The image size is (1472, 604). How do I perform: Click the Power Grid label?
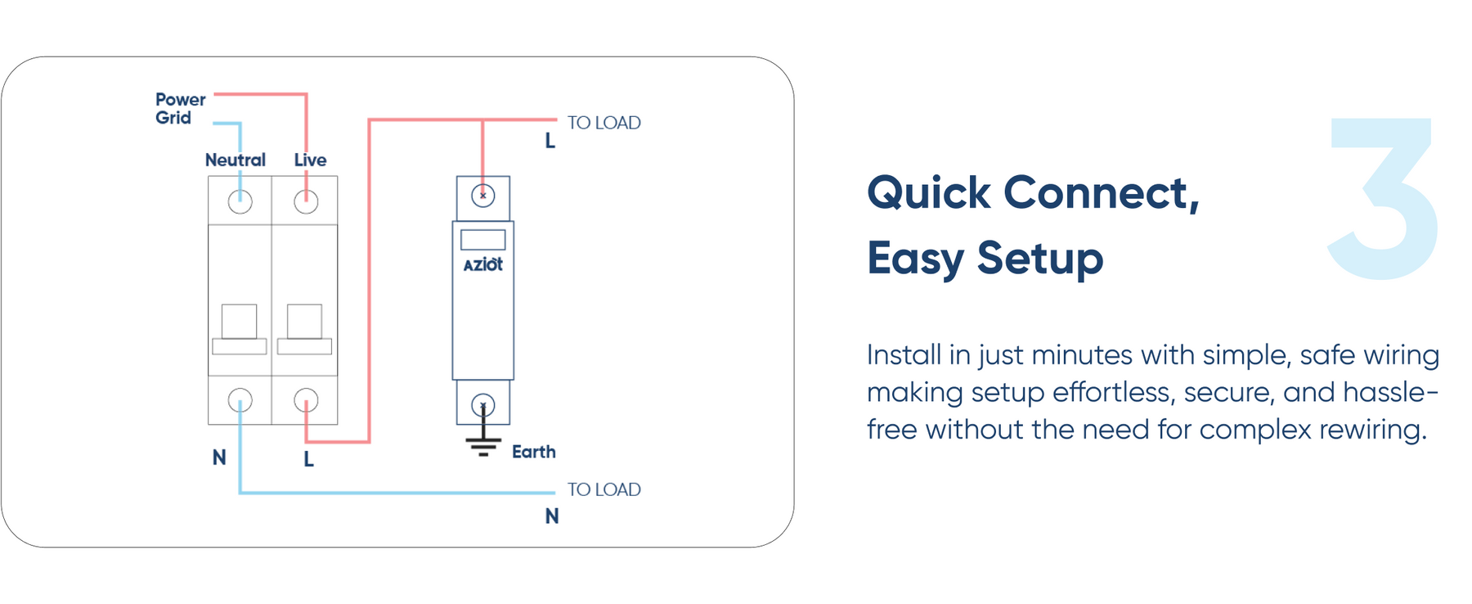pos(180,109)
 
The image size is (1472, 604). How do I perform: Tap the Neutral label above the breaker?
pos(235,160)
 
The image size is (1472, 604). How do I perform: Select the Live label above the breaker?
pos(310,160)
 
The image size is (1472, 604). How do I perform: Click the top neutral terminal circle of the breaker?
pos(240,201)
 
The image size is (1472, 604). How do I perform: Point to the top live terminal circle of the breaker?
pos(306,201)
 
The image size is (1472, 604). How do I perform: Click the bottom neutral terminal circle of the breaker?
pos(240,400)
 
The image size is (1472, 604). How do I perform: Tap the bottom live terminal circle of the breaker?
pos(306,400)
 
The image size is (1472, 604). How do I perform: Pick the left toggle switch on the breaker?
pos(239,322)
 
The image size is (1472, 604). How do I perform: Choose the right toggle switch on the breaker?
pos(304,322)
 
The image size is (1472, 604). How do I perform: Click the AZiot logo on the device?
pos(482,264)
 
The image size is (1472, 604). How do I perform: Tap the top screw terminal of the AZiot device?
pos(482,196)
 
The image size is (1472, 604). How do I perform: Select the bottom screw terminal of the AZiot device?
pos(482,404)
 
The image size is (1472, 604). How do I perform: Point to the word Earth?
pos(533,452)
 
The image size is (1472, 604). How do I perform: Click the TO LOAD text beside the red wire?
pos(604,123)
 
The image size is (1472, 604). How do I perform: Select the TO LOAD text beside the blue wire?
pos(604,489)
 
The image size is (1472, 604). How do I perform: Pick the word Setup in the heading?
pos(1039,259)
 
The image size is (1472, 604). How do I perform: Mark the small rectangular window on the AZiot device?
pos(482,240)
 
